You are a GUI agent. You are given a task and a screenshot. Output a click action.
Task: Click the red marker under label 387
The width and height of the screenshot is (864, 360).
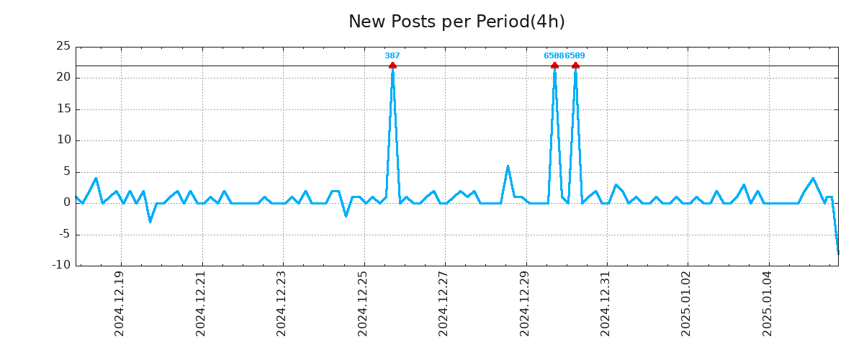[392, 66]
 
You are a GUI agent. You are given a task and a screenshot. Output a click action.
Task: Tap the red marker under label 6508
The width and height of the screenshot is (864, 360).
[554, 66]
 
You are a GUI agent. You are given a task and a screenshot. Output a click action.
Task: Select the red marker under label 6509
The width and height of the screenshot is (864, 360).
[575, 66]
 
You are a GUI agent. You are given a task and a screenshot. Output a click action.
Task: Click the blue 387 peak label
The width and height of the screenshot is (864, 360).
[392, 55]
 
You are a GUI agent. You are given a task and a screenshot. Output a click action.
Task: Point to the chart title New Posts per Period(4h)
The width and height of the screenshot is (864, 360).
[456, 22]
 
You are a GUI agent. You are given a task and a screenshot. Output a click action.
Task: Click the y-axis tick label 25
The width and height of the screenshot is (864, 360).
[63, 47]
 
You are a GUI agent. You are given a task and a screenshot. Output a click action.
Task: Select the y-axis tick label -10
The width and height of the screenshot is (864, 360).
[62, 265]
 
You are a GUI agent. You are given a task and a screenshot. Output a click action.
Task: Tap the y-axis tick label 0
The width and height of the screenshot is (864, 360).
[67, 202]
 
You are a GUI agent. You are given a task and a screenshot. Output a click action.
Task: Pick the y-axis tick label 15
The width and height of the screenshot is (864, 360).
[63, 109]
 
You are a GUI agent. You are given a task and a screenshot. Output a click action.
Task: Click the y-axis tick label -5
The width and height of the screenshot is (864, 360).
[64, 234]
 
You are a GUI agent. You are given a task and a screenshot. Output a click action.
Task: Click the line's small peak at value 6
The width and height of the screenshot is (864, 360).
[508, 166]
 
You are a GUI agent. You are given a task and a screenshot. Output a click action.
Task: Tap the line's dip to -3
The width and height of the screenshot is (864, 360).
[150, 222]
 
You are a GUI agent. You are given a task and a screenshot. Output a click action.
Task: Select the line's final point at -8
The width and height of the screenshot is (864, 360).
[838, 253]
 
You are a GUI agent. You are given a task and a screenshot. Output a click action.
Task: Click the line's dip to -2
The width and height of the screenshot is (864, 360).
[346, 215]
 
